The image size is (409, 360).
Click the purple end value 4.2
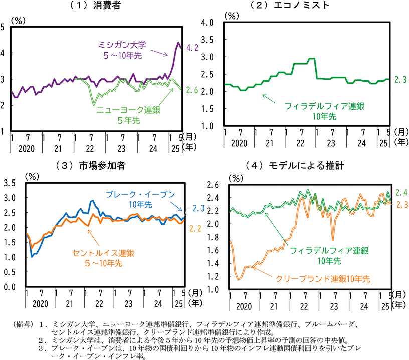(x=193, y=48)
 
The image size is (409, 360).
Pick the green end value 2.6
(x=193, y=90)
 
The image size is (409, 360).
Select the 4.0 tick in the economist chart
(x=207, y=23)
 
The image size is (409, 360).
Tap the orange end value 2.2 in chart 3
(x=195, y=228)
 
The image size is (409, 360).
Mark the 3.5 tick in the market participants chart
(x=10, y=183)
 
